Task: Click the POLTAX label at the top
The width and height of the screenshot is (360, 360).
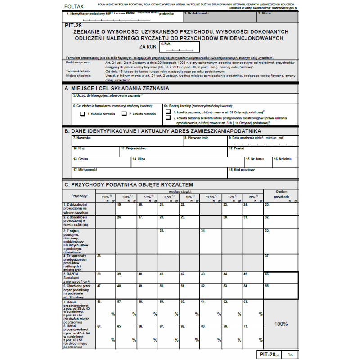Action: click(74, 6)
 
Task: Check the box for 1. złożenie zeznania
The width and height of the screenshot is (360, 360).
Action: click(82, 114)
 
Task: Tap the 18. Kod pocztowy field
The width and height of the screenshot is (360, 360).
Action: click(262, 172)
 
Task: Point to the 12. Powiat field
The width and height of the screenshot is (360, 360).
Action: click(262, 151)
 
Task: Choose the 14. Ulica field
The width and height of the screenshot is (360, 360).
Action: click(187, 162)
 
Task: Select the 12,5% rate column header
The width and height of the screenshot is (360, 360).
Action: click(211, 197)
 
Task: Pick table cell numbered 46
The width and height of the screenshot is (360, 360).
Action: click(280, 277)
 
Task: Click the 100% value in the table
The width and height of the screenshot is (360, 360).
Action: click(281, 324)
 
